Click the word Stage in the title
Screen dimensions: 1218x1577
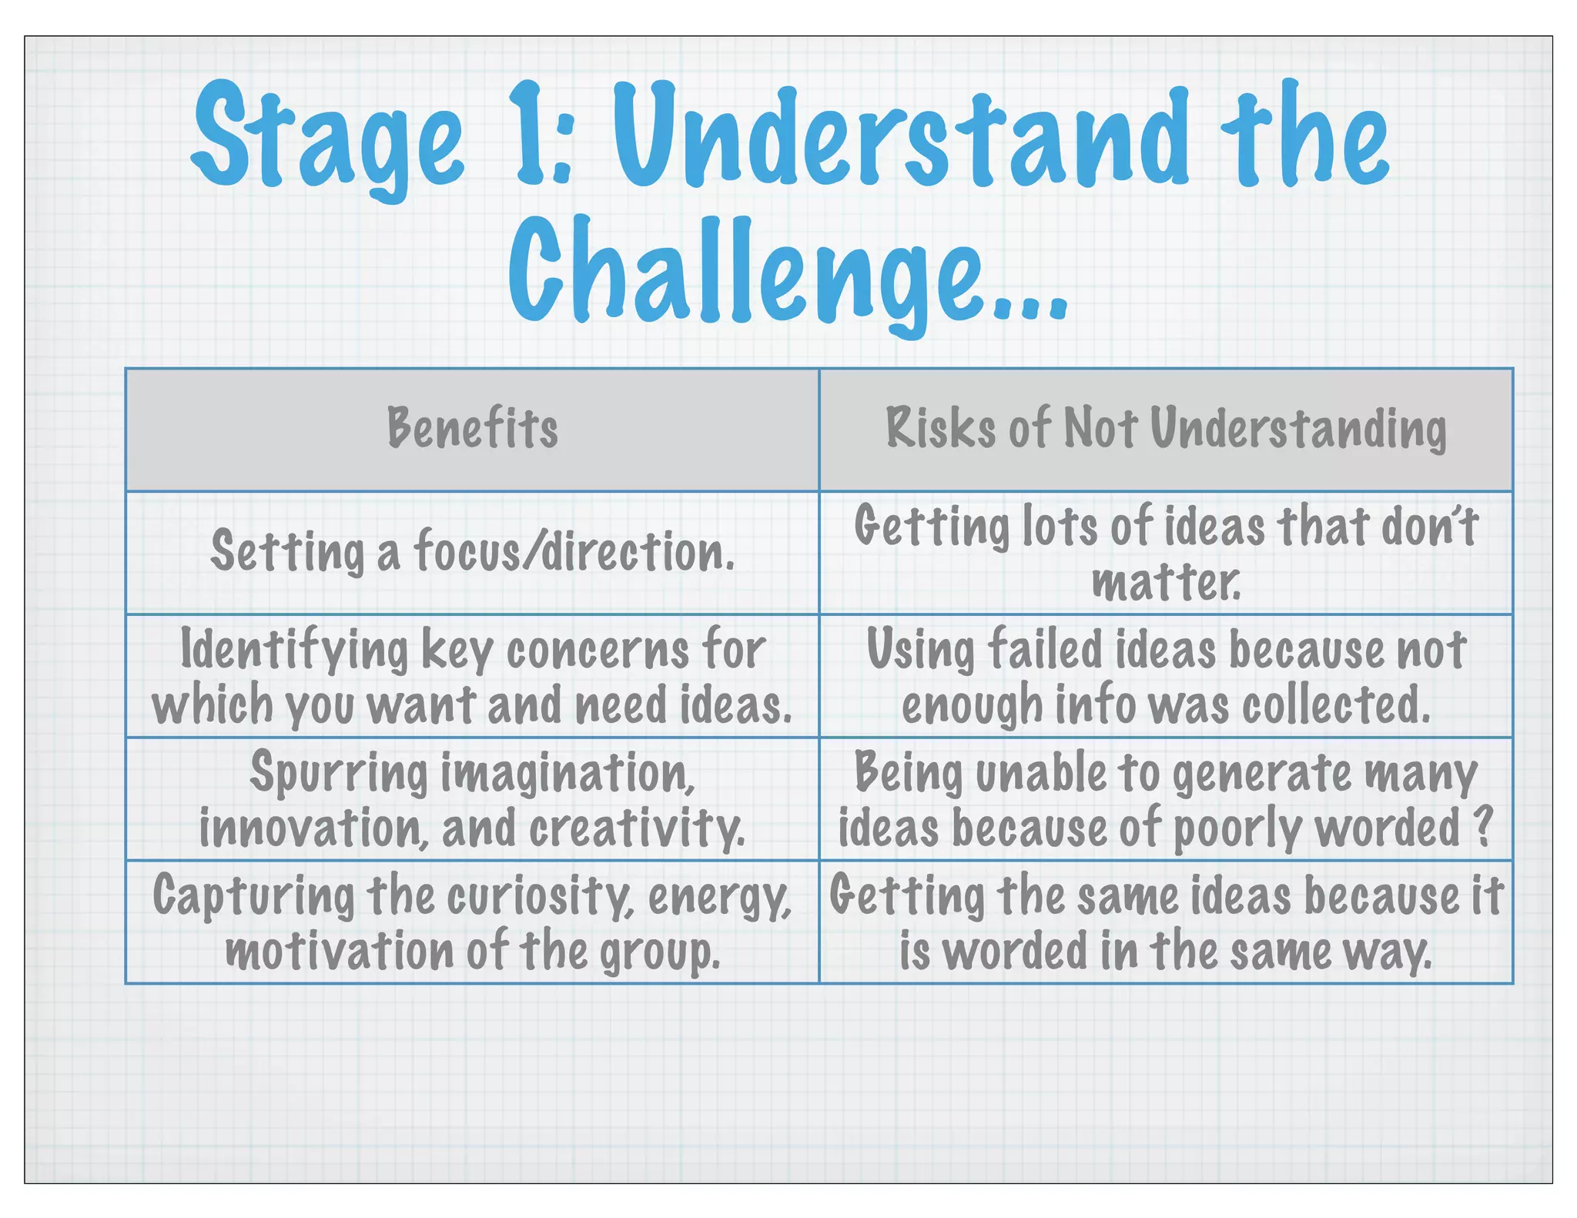[x=327, y=139]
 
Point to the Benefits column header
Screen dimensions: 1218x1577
[x=472, y=428]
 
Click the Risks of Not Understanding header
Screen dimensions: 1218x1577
[x=1166, y=428]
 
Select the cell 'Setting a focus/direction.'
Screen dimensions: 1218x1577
[x=472, y=552]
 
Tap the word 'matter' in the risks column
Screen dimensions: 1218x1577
[x=1164, y=583]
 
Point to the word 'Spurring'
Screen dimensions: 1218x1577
[x=338, y=773]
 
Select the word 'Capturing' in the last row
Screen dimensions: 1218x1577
[x=253, y=896]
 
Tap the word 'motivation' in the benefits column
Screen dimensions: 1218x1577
[x=340, y=952]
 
